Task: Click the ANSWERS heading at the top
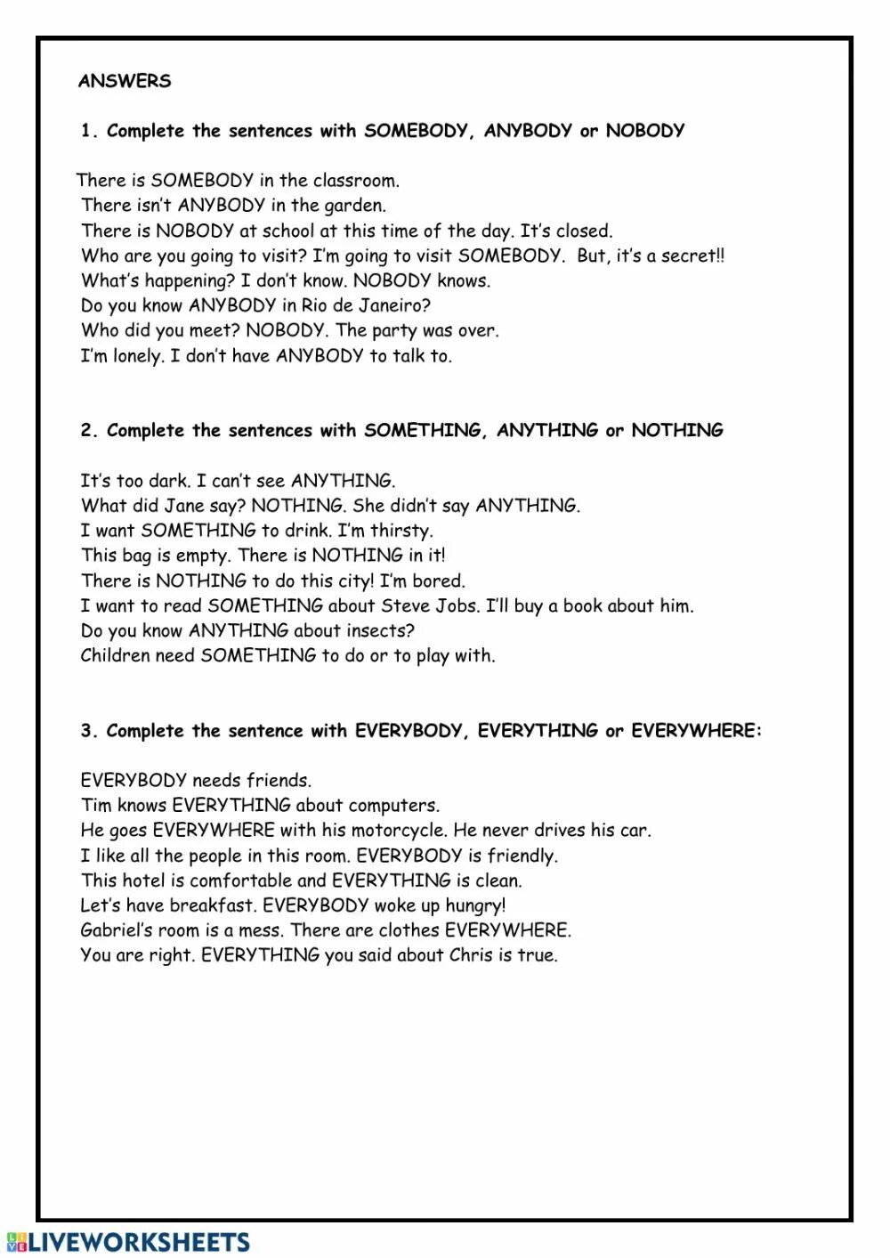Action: click(125, 81)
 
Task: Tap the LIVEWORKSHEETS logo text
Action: click(138, 1243)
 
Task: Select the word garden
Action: click(354, 206)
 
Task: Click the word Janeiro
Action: click(392, 305)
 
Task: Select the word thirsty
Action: click(401, 531)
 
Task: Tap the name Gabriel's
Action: click(117, 930)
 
